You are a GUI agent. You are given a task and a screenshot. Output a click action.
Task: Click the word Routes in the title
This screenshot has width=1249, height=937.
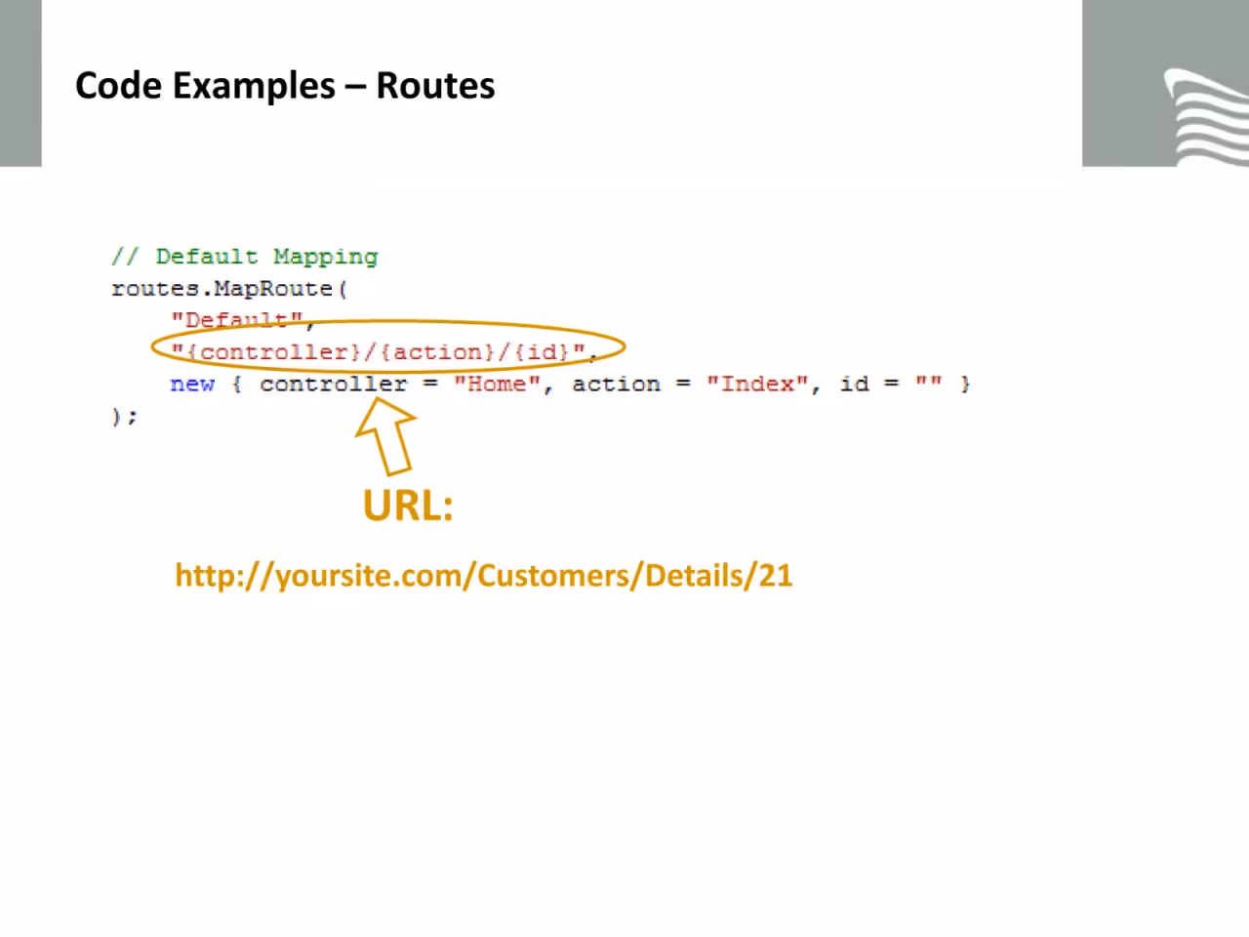coord(435,86)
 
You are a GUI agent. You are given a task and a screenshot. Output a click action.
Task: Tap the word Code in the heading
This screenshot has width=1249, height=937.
coord(118,86)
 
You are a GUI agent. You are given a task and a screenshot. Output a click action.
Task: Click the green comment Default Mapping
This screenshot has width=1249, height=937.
coord(266,257)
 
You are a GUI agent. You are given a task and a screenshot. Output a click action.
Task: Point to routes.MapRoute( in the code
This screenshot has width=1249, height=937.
coord(229,289)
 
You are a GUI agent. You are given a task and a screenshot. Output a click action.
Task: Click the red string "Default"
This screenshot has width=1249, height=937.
coord(237,320)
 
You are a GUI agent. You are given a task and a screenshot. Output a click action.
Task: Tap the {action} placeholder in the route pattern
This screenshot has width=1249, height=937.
coord(436,352)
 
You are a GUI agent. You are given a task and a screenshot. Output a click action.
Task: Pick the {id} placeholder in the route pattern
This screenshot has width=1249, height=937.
coord(542,352)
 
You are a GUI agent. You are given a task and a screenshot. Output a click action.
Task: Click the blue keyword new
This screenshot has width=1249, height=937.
coord(192,385)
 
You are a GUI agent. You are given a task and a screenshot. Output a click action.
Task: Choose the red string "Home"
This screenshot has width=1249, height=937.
coord(497,385)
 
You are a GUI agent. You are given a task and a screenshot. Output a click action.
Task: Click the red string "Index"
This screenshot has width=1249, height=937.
coord(757,385)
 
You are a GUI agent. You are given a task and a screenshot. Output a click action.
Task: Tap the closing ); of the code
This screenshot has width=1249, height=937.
coord(125,417)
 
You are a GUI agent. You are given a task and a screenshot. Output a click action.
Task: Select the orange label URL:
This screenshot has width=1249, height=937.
coord(408,506)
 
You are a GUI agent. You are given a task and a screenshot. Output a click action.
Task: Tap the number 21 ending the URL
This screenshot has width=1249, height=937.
coord(776,576)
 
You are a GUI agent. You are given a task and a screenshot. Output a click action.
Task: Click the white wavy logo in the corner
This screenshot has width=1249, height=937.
coord(1207,116)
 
